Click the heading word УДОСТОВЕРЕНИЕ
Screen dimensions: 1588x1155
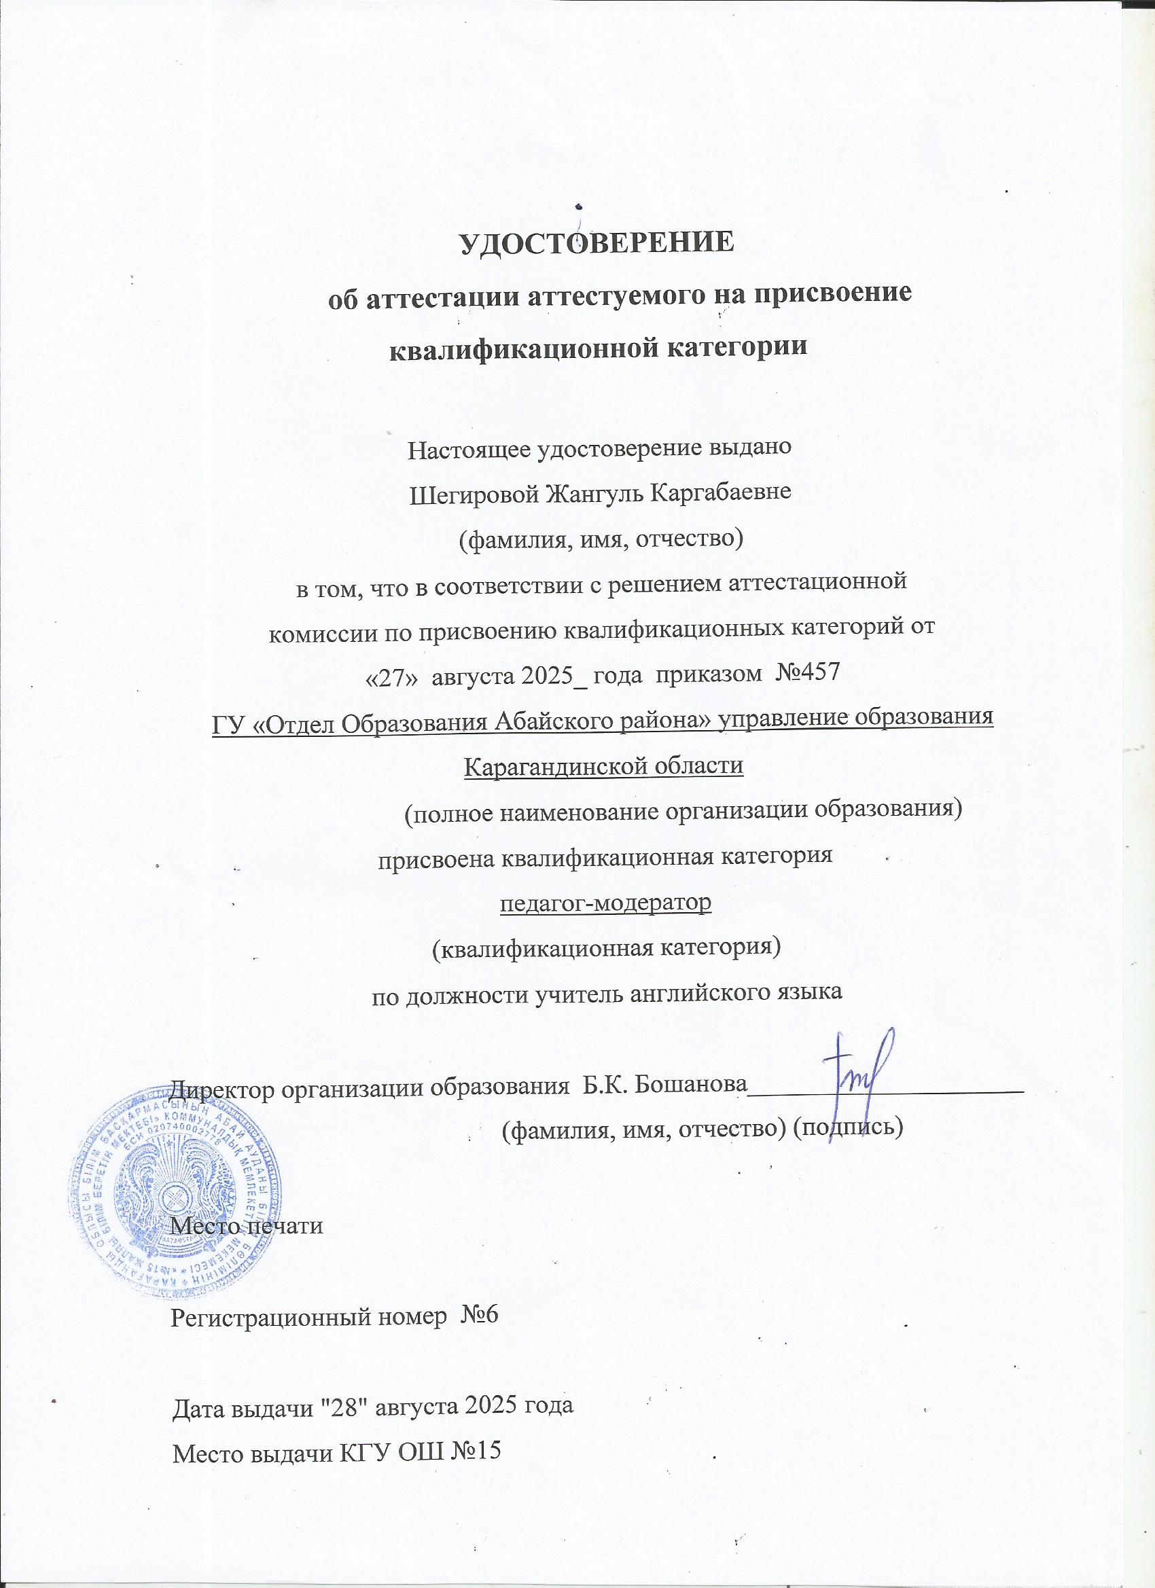597,243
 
